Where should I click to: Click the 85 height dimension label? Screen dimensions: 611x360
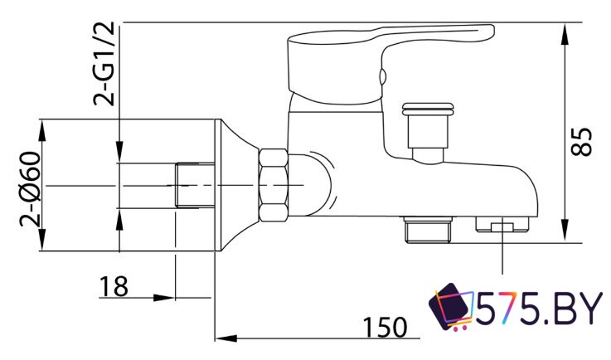[581, 142]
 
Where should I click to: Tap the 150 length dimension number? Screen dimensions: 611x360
[385, 328]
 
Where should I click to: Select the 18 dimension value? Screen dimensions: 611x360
[114, 287]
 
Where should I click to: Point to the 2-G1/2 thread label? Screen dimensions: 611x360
[104, 64]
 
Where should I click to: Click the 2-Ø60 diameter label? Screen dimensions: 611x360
[31, 190]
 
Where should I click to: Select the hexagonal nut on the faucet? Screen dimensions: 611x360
[274, 185]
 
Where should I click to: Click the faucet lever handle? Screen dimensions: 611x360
[390, 65]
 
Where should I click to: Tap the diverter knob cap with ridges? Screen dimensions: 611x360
[428, 109]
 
